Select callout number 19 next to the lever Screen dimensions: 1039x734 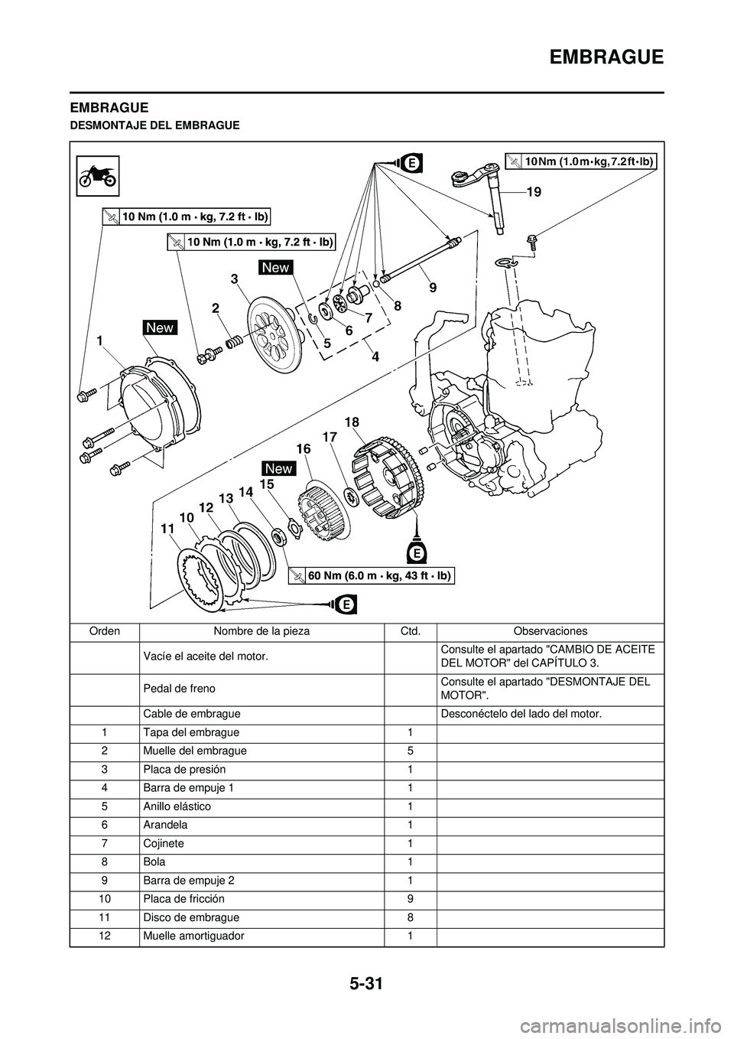(x=533, y=194)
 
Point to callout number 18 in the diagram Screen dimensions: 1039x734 (x=352, y=422)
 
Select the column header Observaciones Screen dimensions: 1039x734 (x=550, y=631)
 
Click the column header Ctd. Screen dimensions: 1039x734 (x=410, y=631)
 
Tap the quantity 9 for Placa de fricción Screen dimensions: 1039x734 (x=410, y=898)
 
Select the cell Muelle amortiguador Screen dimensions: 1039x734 (x=193, y=936)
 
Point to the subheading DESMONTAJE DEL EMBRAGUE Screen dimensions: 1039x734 (x=155, y=125)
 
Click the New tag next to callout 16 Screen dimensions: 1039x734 (x=278, y=468)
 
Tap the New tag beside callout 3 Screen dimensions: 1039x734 (x=275, y=267)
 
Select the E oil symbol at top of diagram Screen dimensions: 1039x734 (x=411, y=163)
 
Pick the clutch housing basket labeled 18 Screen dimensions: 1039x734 (x=390, y=479)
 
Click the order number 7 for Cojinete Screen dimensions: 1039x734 (x=104, y=843)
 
